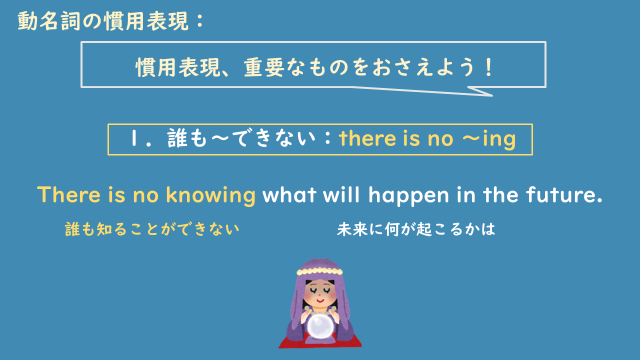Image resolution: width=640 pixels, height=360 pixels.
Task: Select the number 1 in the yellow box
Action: [x=135, y=139]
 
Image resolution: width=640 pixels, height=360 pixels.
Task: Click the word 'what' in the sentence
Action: [x=293, y=195]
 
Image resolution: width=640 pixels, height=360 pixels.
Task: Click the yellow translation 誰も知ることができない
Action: [x=152, y=229]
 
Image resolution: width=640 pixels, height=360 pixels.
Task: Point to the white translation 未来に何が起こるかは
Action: [x=417, y=229]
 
